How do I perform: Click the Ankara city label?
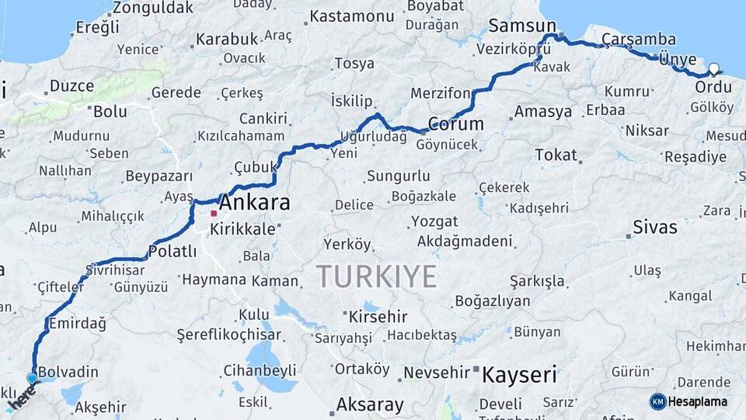click(255, 203)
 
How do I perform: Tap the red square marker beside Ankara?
click(214, 212)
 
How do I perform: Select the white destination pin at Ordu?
click(713, 68)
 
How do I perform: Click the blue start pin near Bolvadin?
click(32, 378)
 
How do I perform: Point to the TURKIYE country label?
click(376, 276)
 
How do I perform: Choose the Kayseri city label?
click(519, 375)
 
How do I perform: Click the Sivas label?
click(654, 228)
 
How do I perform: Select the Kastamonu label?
click(352, 16)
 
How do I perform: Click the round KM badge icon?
click(657, 401)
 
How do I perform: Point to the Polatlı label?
click(172, 251)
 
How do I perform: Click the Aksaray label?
click(370, 404)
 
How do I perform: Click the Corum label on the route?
click(455, 124)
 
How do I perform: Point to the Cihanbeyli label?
click(260, 369)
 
